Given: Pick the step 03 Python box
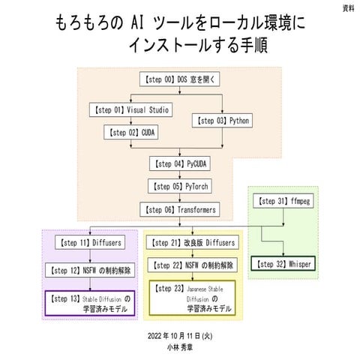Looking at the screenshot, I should click(223, 120).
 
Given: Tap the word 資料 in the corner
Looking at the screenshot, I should click(349, 8).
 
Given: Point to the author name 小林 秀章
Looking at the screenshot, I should click(180, 349).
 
